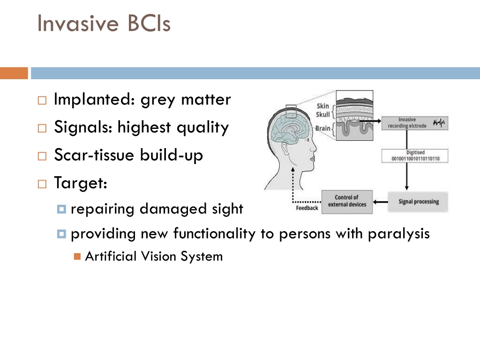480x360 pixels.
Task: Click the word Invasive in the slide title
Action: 78,23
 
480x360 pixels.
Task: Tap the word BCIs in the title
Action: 149,23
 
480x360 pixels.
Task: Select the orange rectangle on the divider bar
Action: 14,73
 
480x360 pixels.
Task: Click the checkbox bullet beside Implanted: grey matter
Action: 42,100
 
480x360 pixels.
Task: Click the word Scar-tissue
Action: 94,155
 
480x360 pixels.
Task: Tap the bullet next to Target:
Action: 42,184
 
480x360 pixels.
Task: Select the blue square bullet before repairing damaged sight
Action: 61,209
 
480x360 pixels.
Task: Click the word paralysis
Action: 399,234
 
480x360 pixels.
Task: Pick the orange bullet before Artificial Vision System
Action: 77,256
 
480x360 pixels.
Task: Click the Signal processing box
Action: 418,202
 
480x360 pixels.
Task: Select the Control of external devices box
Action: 347,202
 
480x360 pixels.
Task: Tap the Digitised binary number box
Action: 415,156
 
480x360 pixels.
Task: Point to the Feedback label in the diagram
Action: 307,208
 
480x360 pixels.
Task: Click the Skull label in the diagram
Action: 322,114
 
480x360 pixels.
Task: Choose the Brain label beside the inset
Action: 322,128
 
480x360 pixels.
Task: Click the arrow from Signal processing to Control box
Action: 381,202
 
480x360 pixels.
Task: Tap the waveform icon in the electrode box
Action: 439,123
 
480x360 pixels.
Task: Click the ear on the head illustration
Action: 285,149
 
